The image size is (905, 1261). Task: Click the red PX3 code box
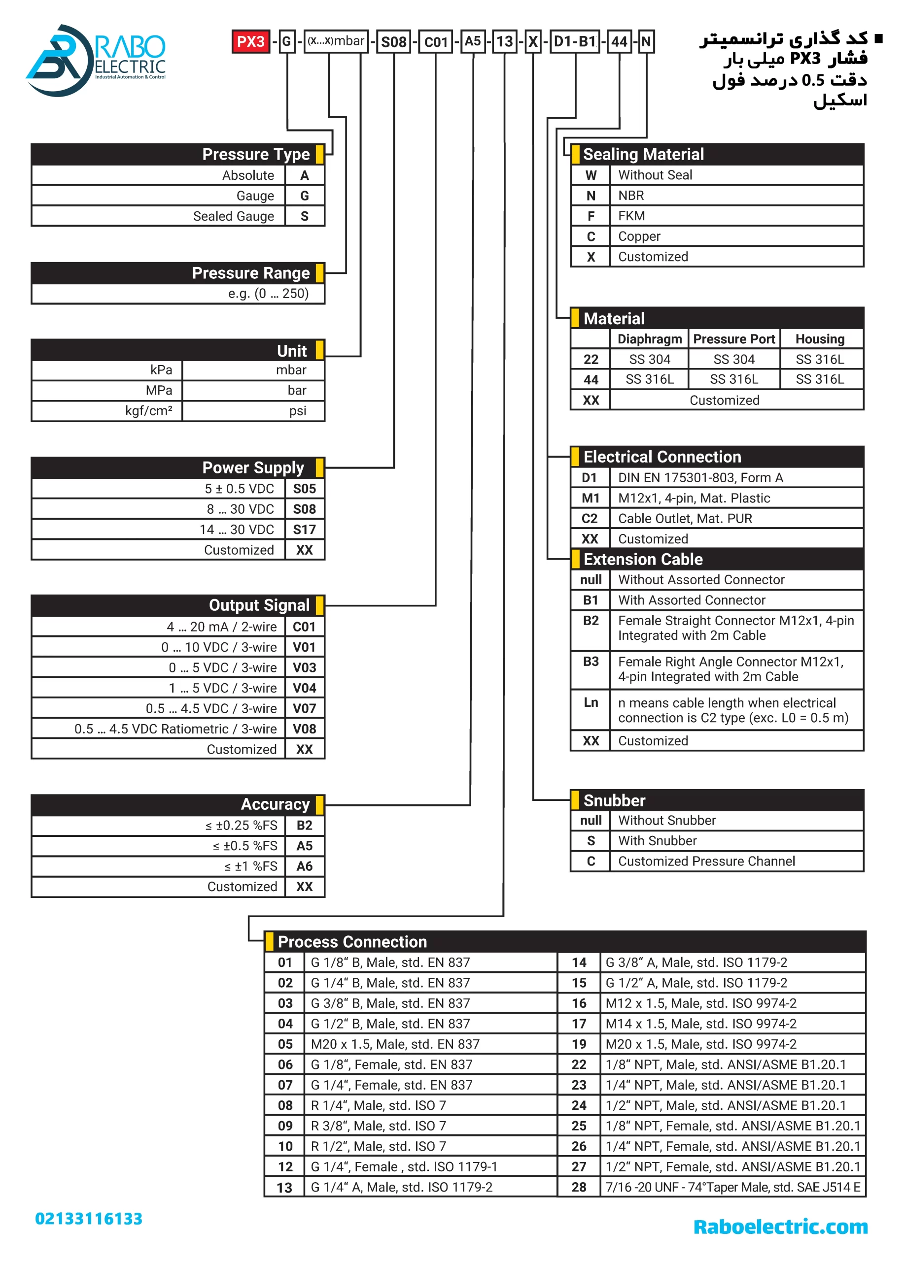click(250, 42)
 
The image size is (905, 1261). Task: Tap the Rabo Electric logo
click(96, 60)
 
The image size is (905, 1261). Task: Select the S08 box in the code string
click(393, 42)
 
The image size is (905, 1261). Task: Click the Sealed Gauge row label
click(233, 216)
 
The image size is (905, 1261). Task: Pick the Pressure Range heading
click(250, 273)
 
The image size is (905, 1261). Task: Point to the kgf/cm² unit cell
click(148, 411)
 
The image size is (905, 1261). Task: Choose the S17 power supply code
click(304, 530)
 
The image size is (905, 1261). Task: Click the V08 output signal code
click(304, 729)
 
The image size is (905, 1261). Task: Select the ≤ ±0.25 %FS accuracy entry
click(241, 826)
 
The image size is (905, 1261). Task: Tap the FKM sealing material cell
click(631, 216)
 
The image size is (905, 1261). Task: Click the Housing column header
click(819, 339)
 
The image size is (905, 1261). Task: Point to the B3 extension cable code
click(590, 662)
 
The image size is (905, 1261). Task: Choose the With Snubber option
click(657, 841)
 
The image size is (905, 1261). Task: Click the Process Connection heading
click(352, 942)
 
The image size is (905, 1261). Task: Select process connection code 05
click(285, 1044)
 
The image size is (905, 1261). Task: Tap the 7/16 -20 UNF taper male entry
click(732, 1187)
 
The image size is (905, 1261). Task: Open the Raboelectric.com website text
click(780, 1227)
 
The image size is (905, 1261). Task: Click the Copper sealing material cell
click(639, 236)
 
